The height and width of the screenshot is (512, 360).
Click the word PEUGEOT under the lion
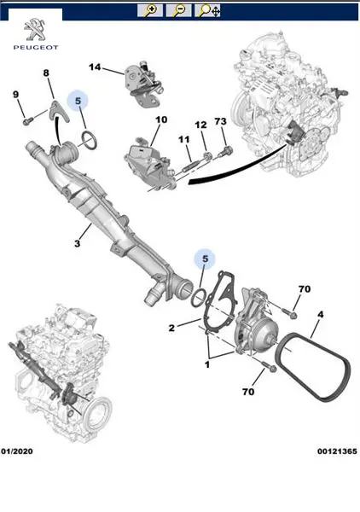(x=36, y=48)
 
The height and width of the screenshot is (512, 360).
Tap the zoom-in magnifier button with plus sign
(x=150, y=10)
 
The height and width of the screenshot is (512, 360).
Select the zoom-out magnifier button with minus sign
(x=178, y=10)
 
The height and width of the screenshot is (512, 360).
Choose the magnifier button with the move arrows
(x=207, y=10)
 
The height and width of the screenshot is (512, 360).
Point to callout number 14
(x=95, y=67)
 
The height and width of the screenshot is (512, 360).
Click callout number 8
(x=46, y=73)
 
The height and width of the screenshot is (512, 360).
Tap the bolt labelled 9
(x=27, y=121)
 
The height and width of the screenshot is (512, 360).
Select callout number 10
(x=161, y=119)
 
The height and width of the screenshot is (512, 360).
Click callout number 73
(x=221, y=121)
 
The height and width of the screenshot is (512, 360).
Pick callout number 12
(x=200, y=125)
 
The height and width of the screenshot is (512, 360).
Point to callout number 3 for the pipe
(x=77, y=243)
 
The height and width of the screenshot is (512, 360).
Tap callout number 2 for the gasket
(x=171, y=328)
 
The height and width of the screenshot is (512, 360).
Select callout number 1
(x=207, y=364)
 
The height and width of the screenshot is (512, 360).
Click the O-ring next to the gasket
(x=198, y=298)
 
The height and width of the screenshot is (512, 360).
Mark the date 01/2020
(x=17, y=451)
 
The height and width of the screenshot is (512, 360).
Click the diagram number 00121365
(x=337, y=451)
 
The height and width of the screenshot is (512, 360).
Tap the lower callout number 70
(x=248, y=391)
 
